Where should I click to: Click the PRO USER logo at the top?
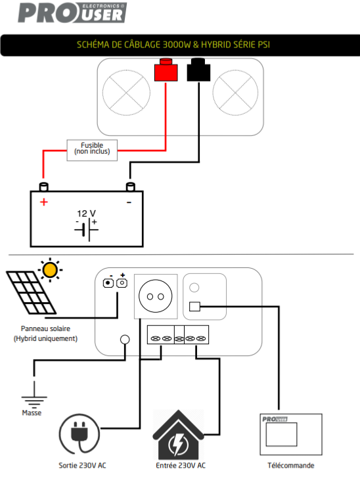click(72, 13)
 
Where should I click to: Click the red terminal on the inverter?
click(166, 70)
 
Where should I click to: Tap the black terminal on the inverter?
click(198, 70)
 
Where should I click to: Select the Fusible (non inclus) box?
click(92, 150)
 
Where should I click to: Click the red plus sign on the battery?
click(44, 202)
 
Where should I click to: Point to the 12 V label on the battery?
click(86, 213)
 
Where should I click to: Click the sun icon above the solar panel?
click(50, 270)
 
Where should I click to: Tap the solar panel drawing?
click(31, 293)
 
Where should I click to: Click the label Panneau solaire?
click(45, 328)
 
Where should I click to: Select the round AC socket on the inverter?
click(155, 296)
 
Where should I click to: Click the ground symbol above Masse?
click(34, 394)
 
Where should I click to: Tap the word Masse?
click(32, 413)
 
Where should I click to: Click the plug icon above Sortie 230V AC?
click(79, 434)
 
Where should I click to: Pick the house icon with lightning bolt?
click(178, 435)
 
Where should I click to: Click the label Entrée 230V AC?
click(181, 465)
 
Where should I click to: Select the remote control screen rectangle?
click(281, 434)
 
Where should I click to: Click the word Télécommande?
click(290, 465)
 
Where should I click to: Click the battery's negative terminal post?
click(130, 187)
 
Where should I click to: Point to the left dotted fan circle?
click(126, 93)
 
